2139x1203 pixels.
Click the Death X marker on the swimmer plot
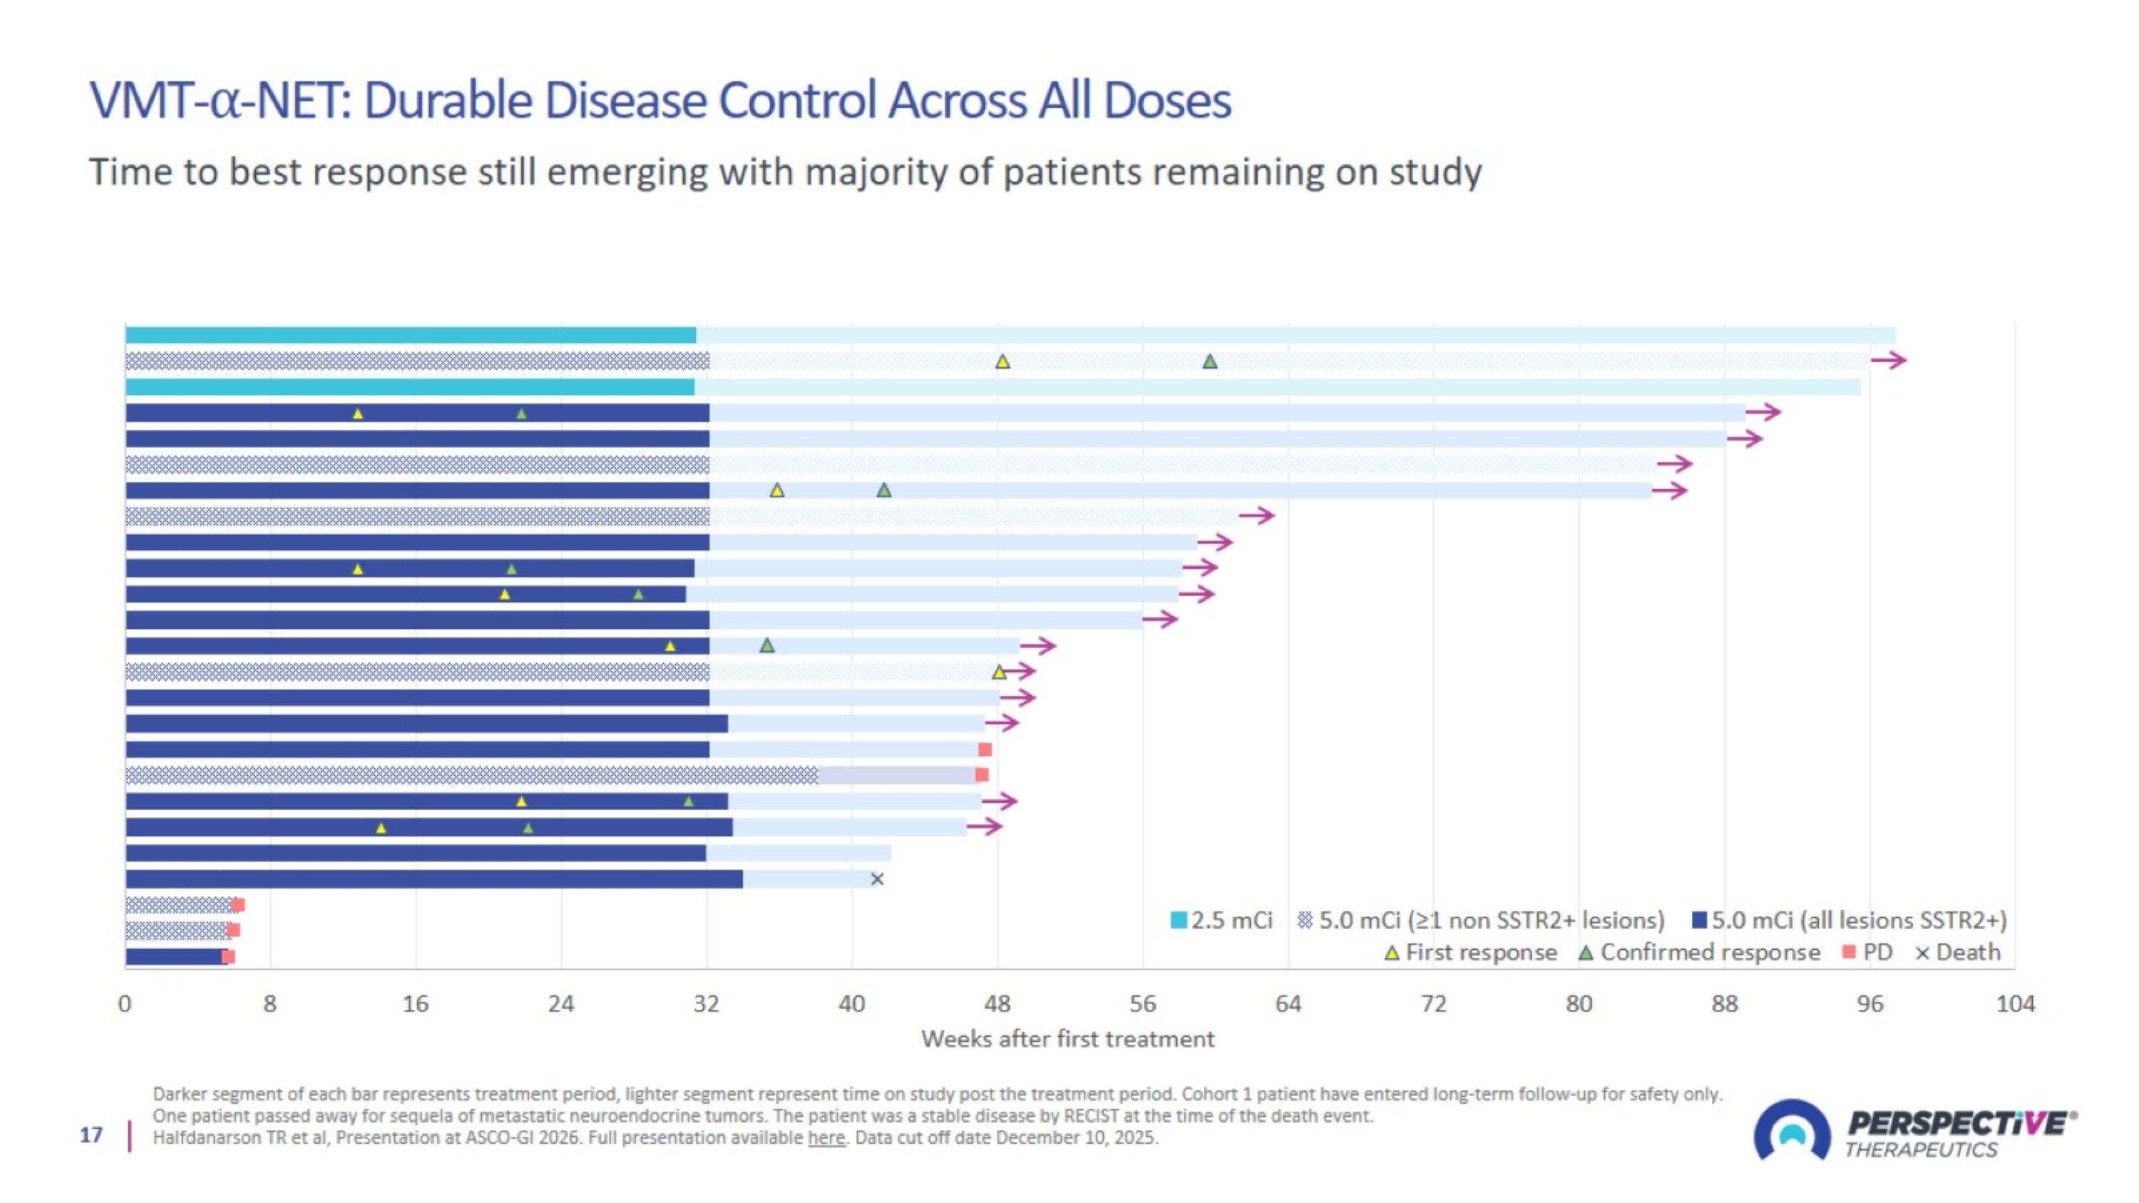point(877,879)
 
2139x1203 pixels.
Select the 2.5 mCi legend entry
point(1221,920)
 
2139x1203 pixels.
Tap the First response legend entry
point(1472,952)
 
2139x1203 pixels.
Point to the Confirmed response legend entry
point(1700,952)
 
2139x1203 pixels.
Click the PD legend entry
point(1867,952)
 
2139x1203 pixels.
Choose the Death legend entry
point(1958,952)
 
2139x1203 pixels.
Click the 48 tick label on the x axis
point(997,1004)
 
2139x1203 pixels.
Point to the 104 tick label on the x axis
point(2015,1004)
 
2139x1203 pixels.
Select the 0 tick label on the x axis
point(125,1004)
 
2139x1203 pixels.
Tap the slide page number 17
point(91,1135)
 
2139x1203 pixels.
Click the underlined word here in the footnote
point(826,1137)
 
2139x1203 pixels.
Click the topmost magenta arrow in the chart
point(1889,359)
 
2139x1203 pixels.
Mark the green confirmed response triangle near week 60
point(1210,361)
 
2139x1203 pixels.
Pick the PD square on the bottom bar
point(228,956)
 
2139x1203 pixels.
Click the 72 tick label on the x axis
point(1434,1004)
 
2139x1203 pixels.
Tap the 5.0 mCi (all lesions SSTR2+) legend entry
point(1850,920)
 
